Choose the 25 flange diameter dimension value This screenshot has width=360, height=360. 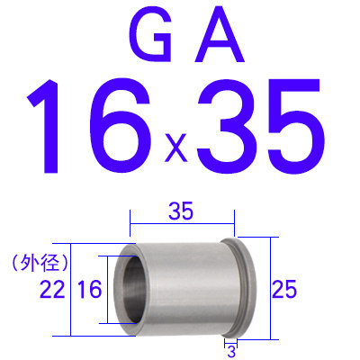tap(285, 289)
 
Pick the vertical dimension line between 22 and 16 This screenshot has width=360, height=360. tap(71, 289)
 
